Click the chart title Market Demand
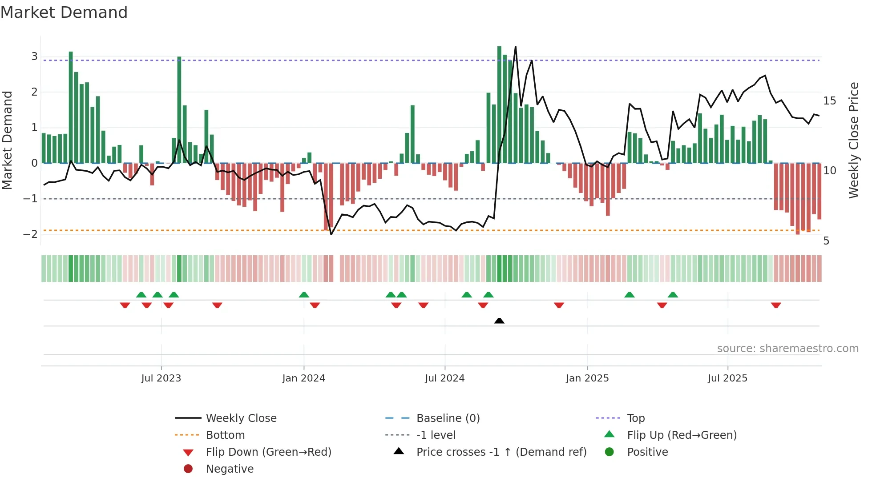click(x=64, y=12)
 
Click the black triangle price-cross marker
click(x=499, y=321)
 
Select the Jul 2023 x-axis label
click(x=161, y=378)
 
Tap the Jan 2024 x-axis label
click(x=304, y=378)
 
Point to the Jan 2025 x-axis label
click(x=587, y=378)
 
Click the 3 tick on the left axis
click(x=34, y=56)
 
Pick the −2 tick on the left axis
click(x=31, y=234)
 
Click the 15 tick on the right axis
click(x=830, y=101)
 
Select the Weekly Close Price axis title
click(x=854, y=140)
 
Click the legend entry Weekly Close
click(x=241, y=418)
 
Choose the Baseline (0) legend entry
click(x=448, y=418)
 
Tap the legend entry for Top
click(x=636, y=418)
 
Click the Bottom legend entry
click(x=225, y=435)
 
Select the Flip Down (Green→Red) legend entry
click(x=268, y=452)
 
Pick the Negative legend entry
click(x=230, y=469)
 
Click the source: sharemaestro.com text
click(x=787, y=349)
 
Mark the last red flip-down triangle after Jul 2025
click(x=776, y=305)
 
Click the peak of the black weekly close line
click(x=516, y=47)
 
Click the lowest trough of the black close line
click(x=331, y=234)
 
